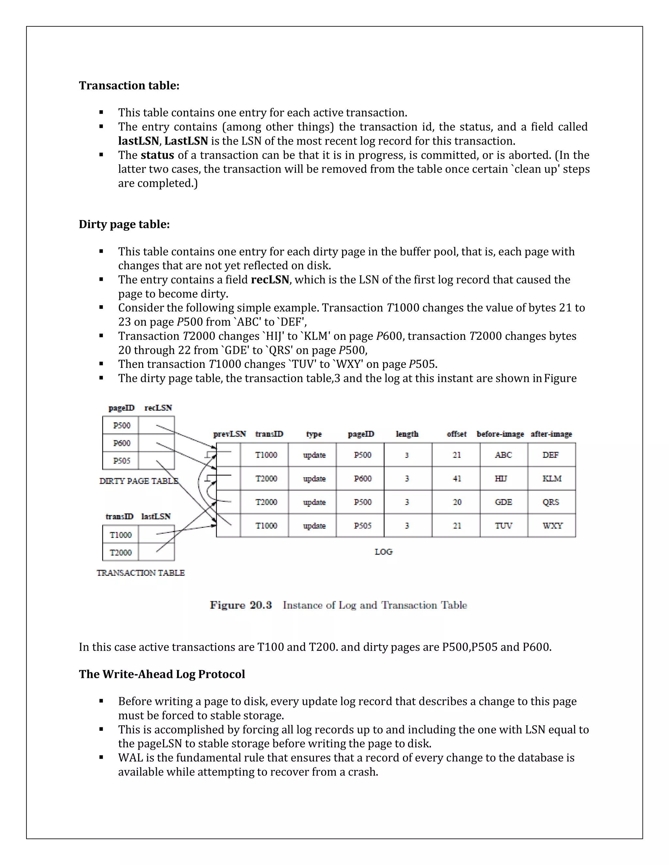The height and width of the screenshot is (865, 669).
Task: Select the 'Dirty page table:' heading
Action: (x=124, y=224)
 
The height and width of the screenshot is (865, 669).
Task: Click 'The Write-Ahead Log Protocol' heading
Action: (x=162, y=674)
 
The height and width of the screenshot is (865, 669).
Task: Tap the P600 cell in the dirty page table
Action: (x=121, y=443)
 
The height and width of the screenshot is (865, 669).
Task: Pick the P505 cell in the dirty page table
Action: (x=121, y=461)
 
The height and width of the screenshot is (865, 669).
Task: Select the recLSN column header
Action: (x=158, y=408)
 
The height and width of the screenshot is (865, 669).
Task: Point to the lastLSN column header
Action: (x=156, y=516)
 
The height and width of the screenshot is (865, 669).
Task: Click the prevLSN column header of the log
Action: (x=229, y=434)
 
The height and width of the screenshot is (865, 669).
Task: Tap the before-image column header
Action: (x=500, y=434)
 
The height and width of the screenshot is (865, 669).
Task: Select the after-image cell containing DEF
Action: (x=550, y=455)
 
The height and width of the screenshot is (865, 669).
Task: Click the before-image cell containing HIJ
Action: (x=501, y=479)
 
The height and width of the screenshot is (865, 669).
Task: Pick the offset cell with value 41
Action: (x=457, y=479)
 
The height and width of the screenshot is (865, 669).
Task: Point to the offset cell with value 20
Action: (x=457, y=502)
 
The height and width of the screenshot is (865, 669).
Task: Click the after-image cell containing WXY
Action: (x=552, y=526)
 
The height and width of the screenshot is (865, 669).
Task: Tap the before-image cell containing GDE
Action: (x=503, y=502)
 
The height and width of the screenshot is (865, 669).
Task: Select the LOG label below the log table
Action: (x=383, y=552)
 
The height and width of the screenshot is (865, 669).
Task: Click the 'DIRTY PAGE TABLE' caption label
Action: (x=139, y=481)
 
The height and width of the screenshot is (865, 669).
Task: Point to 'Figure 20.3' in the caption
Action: (x=241, y=605)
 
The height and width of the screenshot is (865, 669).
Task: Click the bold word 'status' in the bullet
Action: (x=157, y=155)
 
